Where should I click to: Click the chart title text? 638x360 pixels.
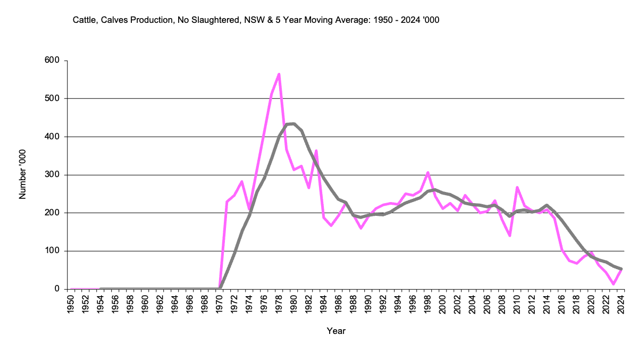click(x=256, y=20)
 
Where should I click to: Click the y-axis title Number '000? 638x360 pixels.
click(x=23, y=175)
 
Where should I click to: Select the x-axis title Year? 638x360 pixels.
click(x=336, y=331)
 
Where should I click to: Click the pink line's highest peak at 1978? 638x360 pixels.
click(x=279, y=74)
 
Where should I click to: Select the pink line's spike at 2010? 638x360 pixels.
click(x=517, y=187)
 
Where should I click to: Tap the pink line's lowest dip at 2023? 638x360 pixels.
click(x=614, y=284)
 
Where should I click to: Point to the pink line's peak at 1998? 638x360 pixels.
click(x=428, y=172)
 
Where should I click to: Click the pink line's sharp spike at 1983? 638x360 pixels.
click(x=316, y=150)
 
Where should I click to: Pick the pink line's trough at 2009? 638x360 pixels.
click(x=510, y=236)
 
